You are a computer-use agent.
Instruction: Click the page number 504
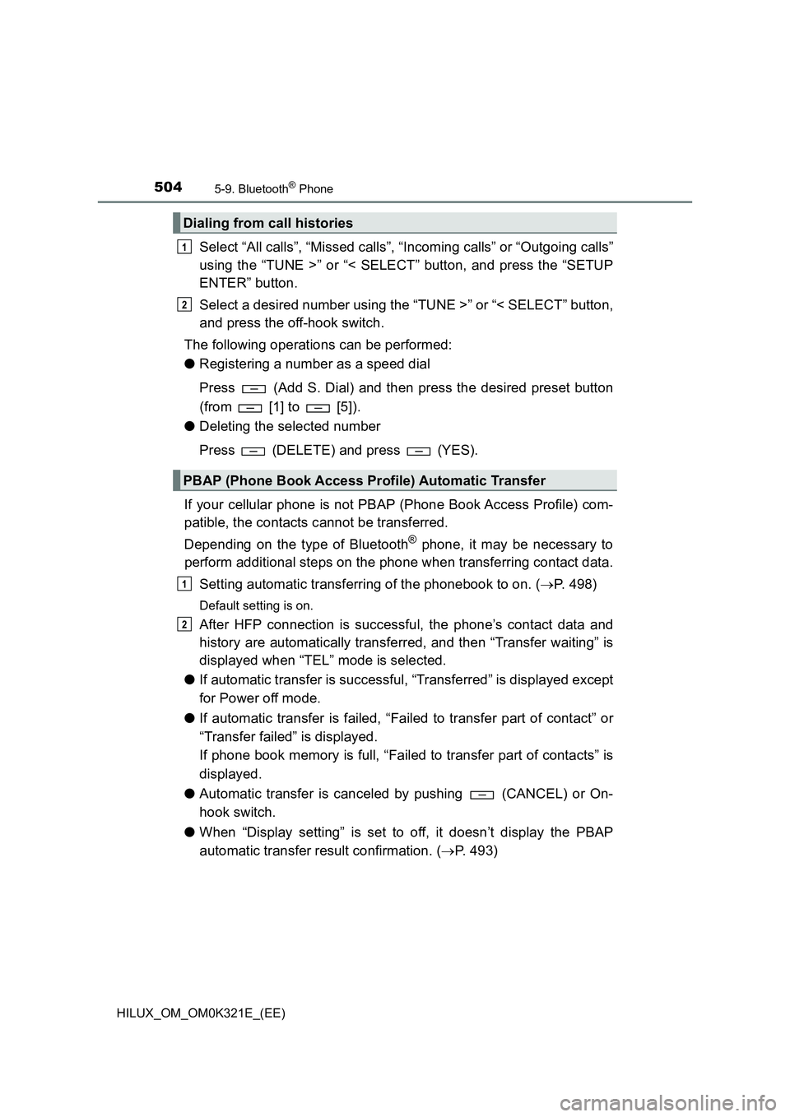click(x=168, y=187)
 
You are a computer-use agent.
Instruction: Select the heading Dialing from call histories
click(x=268, y=223)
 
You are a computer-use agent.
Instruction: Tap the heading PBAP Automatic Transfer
click(x=365, y=480)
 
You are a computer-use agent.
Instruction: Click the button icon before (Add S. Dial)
click(x=253, y=388)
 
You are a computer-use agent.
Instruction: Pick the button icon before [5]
click(x=318, y=408)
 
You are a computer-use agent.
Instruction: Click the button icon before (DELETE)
click(x=253, y=451)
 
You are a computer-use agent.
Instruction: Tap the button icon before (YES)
click(x=418, y=451)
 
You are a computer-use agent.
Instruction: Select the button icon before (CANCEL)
click(x=481, y=795)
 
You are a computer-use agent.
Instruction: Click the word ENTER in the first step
click(x=225, y=283)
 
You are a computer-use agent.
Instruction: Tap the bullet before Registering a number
click(x=189, y=364)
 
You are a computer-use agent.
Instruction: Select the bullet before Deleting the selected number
click(x=189, y=426)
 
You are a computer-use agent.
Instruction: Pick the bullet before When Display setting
click(x=189, y=832)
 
